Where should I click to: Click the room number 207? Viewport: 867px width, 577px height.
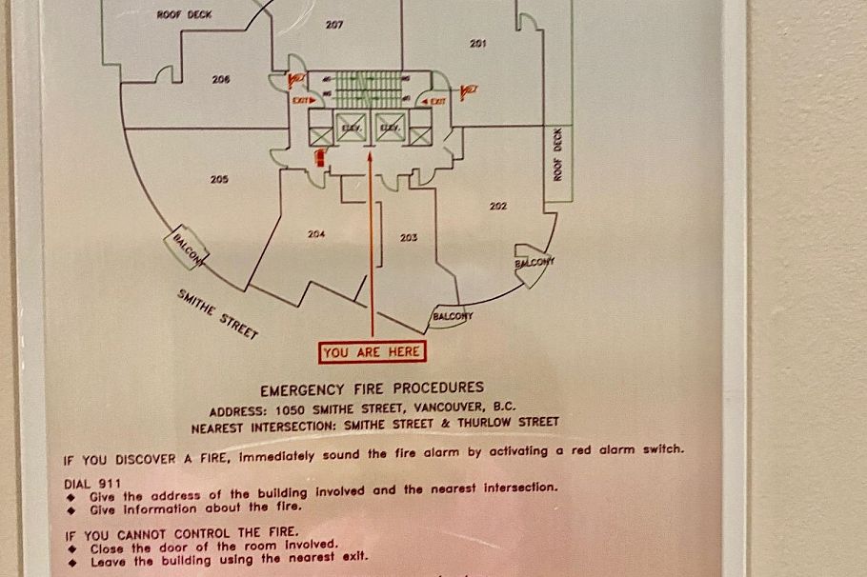(333, 25)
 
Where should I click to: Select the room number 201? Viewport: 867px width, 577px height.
(477, 43)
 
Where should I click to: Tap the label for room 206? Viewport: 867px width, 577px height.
(221, 79)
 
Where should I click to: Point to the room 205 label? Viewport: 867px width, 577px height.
(219, 179)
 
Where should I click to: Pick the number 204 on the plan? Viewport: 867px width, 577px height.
(317, 233)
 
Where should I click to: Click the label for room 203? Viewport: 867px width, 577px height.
(409, 237)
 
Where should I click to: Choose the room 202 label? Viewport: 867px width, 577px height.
(497, 206)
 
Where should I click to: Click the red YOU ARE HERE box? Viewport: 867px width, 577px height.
(372, 352)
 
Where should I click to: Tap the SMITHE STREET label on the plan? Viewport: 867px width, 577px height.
(218, 314)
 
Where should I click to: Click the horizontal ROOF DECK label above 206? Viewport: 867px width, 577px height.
(184, 15)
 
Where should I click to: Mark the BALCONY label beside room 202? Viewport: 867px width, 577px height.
(534, 263)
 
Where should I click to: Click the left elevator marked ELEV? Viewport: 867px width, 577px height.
(350, 129)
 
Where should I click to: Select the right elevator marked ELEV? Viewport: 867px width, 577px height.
(390, 129)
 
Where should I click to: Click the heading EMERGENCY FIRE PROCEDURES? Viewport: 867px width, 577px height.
(372, 388)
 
